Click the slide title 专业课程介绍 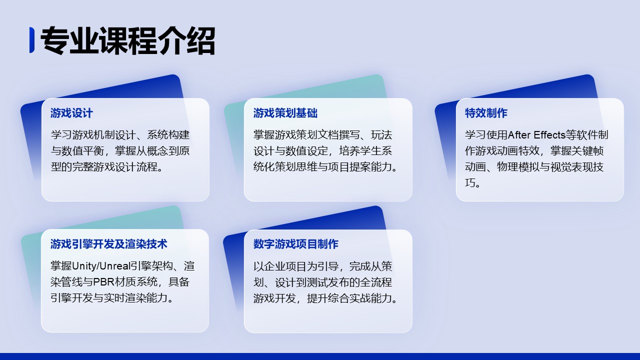(x=127, y=40)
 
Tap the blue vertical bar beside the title (x=32, y=40)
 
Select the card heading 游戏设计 (x=71, y=113)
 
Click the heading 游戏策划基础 (x=285, y=113)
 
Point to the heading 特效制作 (x=486, y=113)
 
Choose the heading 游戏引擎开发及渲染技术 (x=109, y=244)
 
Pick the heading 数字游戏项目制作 (x=295, y=244)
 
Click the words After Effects (x=536, y=135)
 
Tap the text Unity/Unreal (x=101, y=266)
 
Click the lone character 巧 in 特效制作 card (x=470, y=183)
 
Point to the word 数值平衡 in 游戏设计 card (x=82, y=151)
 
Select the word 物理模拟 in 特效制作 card (x=518, y=167)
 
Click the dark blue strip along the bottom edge (x=320, y=356)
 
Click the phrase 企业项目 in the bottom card (x=285, y=266)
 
